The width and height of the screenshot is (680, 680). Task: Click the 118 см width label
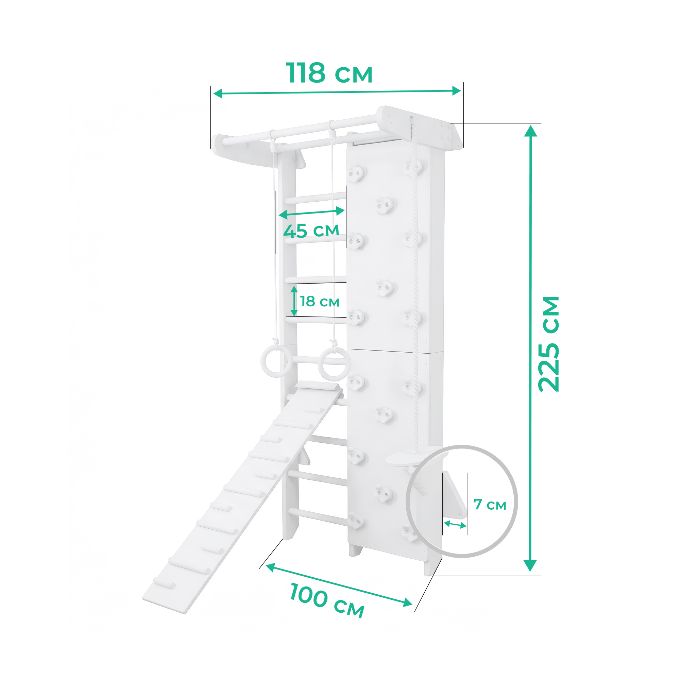tap(329, 73)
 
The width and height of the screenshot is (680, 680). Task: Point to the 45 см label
tap(311, 231)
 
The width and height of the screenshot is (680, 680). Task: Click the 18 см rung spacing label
tap(320, 302)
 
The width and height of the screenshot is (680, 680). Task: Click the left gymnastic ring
tap(276, 361)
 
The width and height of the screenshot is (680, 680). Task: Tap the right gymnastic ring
tap(333, 364)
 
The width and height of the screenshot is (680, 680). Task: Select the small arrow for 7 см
tap(455, 524)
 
